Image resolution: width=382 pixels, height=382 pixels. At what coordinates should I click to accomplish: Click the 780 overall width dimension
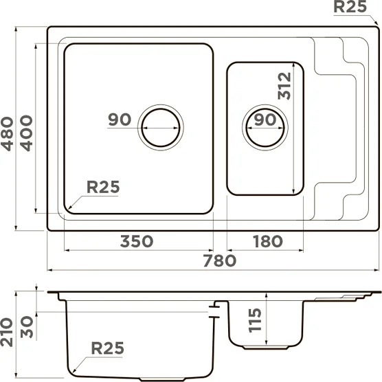coord(219,260)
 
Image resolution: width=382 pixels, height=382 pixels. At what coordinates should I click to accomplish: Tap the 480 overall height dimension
coord(7,134)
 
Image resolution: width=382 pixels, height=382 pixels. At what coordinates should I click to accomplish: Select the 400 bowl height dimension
coord(26,133)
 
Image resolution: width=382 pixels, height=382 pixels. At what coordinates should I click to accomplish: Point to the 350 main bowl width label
coord(137,241)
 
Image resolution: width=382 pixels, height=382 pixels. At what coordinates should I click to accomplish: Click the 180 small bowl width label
coord(268,241)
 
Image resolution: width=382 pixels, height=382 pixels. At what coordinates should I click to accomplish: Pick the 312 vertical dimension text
coord(284,86)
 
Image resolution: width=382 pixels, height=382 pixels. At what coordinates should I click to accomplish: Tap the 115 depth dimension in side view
coord(255,320)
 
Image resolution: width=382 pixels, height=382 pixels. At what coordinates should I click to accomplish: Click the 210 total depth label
coord(7,332)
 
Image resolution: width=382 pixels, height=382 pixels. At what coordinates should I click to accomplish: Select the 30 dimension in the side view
coord(27,327)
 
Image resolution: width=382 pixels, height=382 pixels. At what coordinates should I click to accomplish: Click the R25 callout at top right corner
coord(350,7)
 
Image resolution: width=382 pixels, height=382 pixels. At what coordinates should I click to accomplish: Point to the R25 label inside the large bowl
coord(103,187)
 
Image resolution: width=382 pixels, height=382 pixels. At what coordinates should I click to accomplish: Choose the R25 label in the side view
coord(107,348)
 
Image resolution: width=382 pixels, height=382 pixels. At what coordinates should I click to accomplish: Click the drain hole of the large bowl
coord(161,128)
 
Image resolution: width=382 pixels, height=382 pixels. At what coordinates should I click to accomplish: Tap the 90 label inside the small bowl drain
coord(265,120)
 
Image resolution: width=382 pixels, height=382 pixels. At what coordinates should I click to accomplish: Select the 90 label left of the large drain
coord(120,120)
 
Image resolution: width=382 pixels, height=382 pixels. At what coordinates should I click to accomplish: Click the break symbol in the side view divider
coord(214,311)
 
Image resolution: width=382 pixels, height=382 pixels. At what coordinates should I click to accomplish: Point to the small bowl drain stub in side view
coord(266,348)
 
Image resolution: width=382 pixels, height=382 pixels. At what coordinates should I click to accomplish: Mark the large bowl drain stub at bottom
coord(163,379)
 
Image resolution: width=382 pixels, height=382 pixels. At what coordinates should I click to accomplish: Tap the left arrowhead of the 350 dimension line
coord(68,250)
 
